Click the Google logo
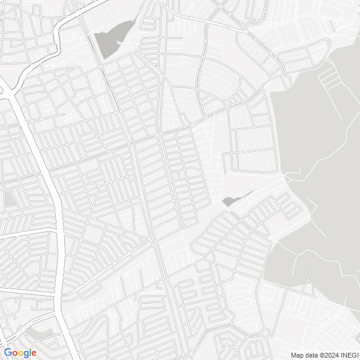pos(20,353)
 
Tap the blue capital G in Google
pos(7,353)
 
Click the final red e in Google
pos(34,353)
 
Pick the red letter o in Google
pos(14,353)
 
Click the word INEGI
pos(350,355)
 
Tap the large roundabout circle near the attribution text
pos(265,332)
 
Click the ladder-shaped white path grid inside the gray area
pos(329,74)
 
